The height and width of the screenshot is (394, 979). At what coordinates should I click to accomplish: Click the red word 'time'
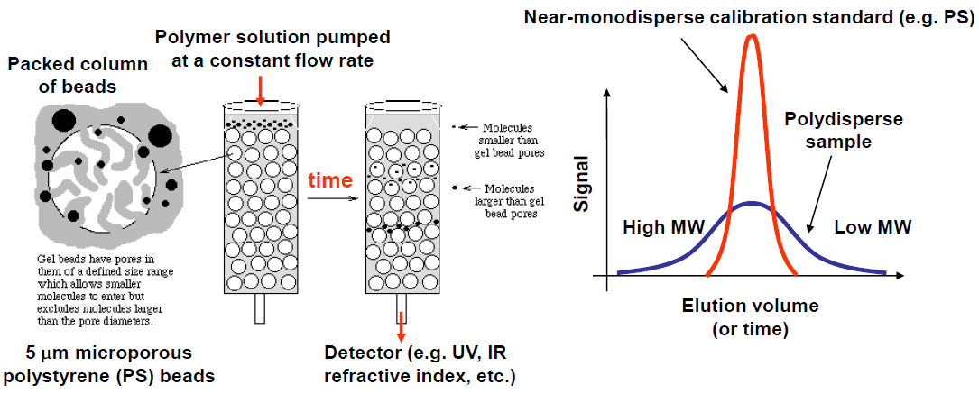pos(330,179)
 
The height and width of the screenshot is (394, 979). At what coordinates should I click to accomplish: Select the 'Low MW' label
pos(872,227)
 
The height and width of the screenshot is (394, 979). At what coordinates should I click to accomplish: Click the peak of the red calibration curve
pos(751,37)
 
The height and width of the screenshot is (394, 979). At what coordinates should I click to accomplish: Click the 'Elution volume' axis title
pos(750,306)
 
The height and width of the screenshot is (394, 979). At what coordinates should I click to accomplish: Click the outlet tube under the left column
pos(260,308)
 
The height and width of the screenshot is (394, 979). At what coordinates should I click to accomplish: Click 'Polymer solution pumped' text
pos(272,37)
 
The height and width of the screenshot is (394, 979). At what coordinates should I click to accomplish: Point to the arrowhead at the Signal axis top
pos(612,96)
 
